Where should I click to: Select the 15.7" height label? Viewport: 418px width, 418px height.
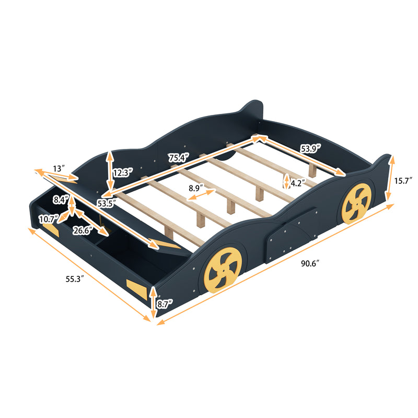pyautogui.click(x=403, y=180)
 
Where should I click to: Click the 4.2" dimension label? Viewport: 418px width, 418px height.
pyautogui.click(x=298, y=183)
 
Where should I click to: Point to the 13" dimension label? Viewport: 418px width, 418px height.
pyautogui.click(x=59, y=169)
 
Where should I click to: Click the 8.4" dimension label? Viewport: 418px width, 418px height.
pyautogui.click(x=60, y=199)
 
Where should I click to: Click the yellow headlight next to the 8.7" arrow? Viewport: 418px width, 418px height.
pyautogui.click(x=137, y=289)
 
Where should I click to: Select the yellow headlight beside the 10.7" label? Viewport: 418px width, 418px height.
pyautogui.click(x=50, y=229)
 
